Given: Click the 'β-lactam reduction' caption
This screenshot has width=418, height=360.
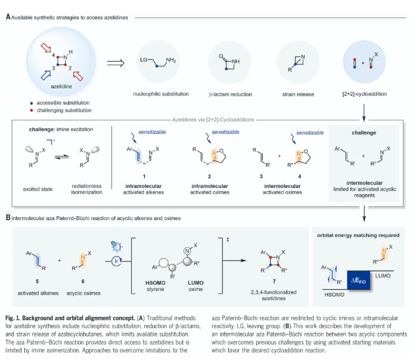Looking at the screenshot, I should pos(231,95).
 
